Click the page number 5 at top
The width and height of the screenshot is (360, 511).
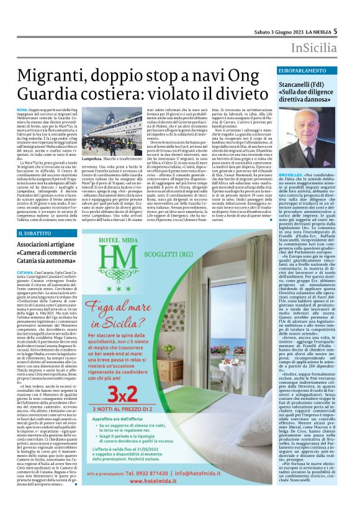(x=352, y=30)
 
